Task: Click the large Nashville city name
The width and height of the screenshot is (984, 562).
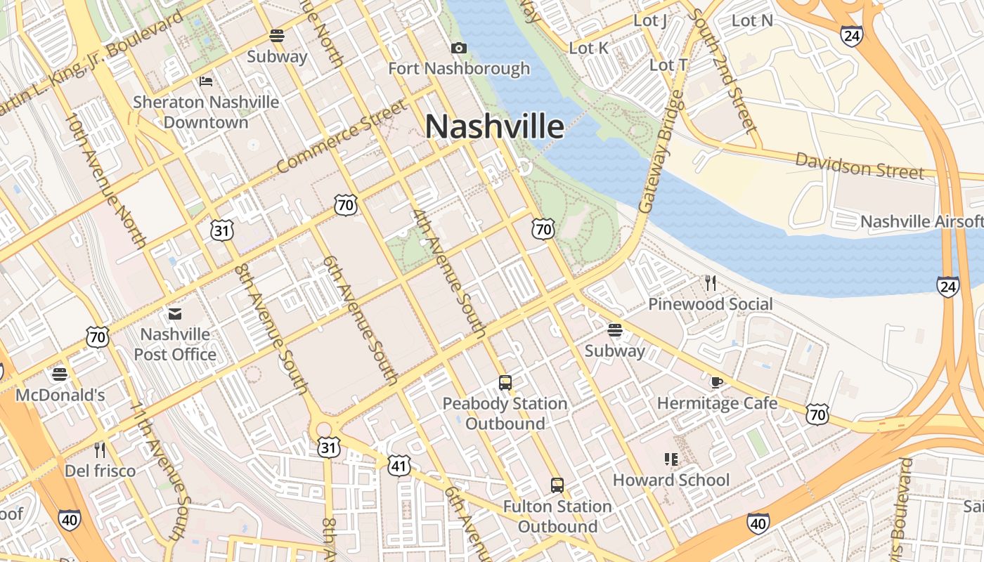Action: pyautogui.click(x=494, y=127)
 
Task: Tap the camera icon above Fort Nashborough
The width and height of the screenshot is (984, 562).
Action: pyautogui.click(x=459, y=48)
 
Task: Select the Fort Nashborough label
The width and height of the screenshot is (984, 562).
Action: pyautogui.click(x=459, y=68)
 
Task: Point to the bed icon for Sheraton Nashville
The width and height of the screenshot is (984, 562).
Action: pyautogui.click(x=206, y=81)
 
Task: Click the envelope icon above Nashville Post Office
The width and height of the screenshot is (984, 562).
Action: pyautogui.click(x=174, y=313)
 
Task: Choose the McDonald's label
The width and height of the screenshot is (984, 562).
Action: pyautogui.click(x=60, y=395)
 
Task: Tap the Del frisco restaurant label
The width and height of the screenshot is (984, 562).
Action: pyautogui.click(x=100, y=471)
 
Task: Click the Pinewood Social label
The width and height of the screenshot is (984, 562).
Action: pyautogui.click(x=710, y=304)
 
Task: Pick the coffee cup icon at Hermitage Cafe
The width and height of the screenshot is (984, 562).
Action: pyautogui.click(x=716, y=383)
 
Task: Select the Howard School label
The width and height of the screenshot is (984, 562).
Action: pyautogui.click(x=671, y=480)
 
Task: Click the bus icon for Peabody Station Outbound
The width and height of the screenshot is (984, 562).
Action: pyautogui.click(x=505, y=383)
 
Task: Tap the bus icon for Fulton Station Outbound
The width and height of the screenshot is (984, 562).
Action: pyautogui.click(x=557, y=485)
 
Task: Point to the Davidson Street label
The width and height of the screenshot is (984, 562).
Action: pyautogui.click(x=859, y=166)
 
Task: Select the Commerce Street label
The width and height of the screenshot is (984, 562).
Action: pyautogui.click(x=342, y=137)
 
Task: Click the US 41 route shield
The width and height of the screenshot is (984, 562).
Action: pyautogui.click(x=399, y=464)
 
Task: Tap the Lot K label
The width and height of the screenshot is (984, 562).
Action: pyautogui.click(x=589, y=48)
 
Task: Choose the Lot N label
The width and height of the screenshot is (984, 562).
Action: pyautogui.click(x=752, y=20)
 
